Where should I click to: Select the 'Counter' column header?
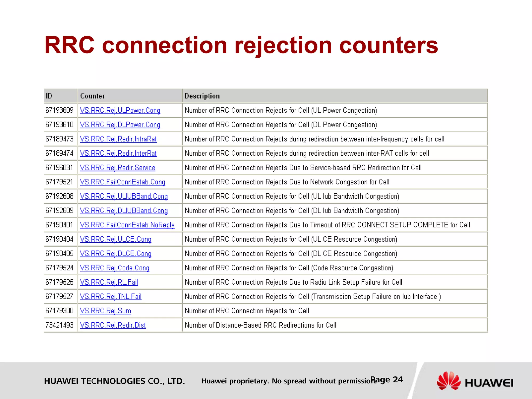92,96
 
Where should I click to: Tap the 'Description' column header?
202,96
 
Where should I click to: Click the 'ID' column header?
49,96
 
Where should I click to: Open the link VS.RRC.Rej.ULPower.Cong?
120,111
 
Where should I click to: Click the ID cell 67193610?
59,125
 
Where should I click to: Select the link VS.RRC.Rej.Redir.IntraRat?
118,139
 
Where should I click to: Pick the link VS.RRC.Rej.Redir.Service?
117,168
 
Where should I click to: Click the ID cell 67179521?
59,182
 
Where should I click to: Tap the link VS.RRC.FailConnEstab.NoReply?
127,225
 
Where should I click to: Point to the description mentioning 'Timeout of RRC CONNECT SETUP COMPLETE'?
327,225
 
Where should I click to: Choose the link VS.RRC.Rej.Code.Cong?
115,268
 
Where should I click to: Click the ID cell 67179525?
59,282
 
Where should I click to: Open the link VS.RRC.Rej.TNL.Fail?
111,296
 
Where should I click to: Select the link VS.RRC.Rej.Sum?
105,311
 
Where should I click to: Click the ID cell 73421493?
59,325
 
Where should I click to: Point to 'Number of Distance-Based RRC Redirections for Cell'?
260,325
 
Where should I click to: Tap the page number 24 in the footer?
397,380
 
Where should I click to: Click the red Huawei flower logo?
449,381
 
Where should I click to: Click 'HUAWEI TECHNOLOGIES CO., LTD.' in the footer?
114,381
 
